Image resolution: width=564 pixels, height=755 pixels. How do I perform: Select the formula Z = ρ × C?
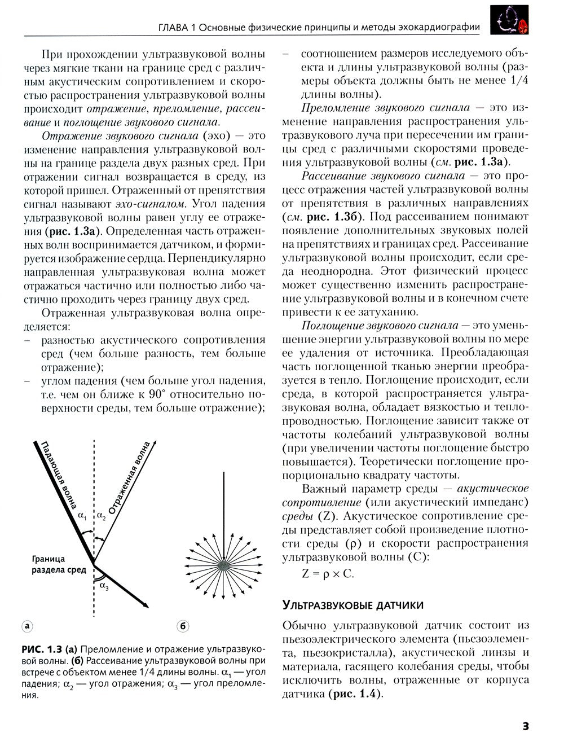point(328,574)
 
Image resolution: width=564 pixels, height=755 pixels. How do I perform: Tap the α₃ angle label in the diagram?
point(104,585)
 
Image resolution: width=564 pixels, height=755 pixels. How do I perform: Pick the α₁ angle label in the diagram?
point(82,515)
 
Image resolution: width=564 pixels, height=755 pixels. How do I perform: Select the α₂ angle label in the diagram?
point(101,515)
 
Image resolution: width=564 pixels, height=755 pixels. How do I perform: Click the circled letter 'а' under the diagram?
point(27,626)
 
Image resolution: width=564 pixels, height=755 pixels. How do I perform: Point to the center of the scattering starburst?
point(224,564)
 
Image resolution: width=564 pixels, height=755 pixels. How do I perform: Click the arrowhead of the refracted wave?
point(146,605)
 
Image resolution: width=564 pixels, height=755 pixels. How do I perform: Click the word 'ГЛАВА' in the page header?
point(172,27)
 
